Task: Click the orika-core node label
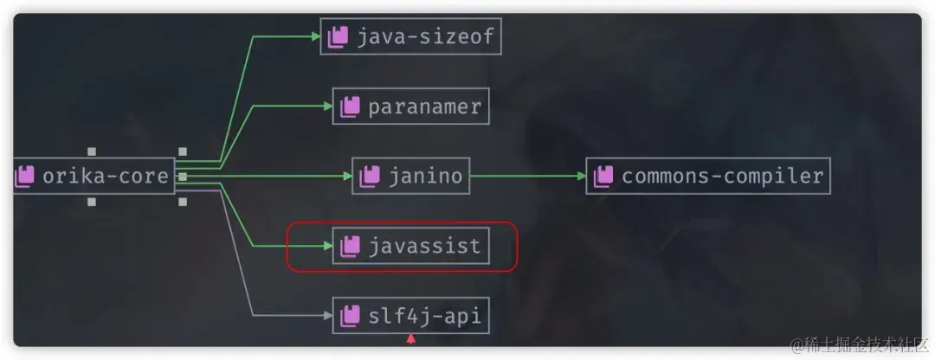(x=105, y=177)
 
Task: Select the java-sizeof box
(x=410, y=36)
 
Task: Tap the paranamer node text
(x=424, y=106)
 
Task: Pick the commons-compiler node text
(x=722, y=177)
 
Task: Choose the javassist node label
(x=424, y=247)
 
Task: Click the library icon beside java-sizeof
(x=338, y=36)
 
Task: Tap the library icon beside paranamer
(x=350, y=106)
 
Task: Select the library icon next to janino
(x=368, y=177)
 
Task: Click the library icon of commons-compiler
(x=603, y=177)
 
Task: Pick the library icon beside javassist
(x=350, y=247)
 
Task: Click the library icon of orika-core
(x=24, y=177)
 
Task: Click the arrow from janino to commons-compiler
(x=528, y=177)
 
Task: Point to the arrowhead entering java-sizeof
(x=315, y=36)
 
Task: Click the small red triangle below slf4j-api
(x=412, y=339)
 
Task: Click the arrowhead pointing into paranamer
(x=327, y=106)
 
